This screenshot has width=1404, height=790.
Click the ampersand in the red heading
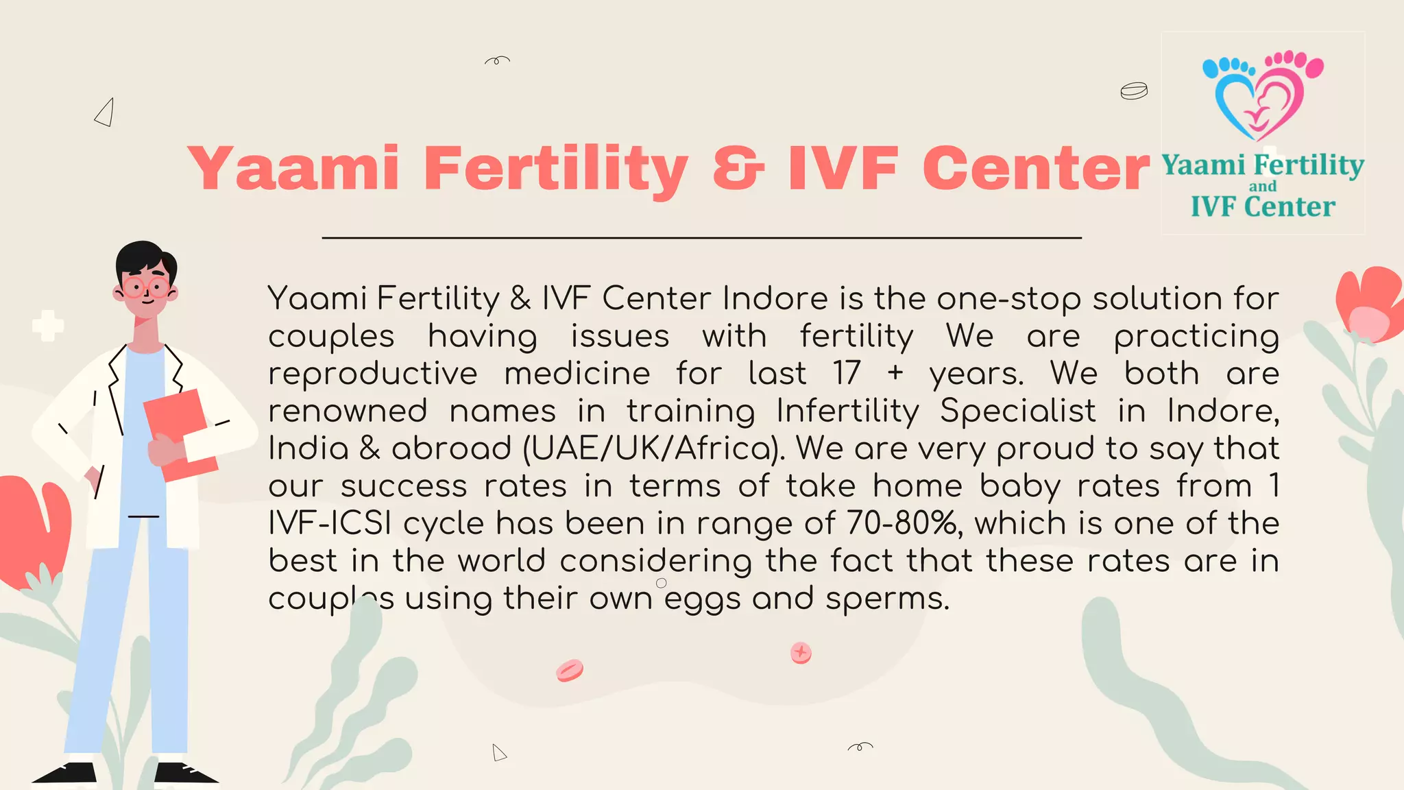coord(738,168)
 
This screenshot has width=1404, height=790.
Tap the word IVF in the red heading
coord(843,168)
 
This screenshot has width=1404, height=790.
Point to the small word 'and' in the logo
coord(1263,187)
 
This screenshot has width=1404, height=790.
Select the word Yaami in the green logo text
coord(1203,165)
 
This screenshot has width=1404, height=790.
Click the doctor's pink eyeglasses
coord(146,287)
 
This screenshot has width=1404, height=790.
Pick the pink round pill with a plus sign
coord(801,653)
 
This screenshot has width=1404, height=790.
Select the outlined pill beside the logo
coord(1134,91)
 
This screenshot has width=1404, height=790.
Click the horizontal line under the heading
coord(701,238)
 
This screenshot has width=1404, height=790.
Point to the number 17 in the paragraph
coord(847,374)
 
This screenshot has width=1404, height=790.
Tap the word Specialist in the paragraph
coord(1017,411)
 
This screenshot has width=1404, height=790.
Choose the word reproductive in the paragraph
coord(372,374)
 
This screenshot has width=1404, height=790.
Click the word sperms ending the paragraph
coord(887,599)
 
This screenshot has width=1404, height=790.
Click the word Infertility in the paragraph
coord(847,411)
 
